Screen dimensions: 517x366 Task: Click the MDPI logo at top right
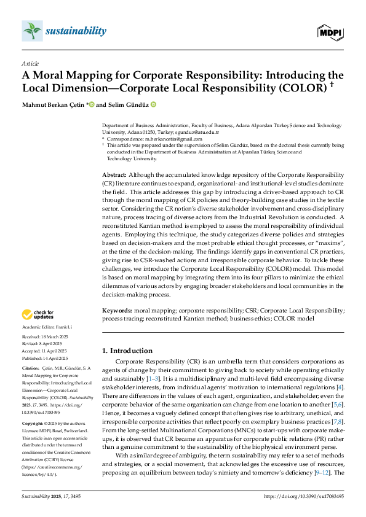(x=331, y=31)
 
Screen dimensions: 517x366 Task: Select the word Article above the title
(x=30, y=64)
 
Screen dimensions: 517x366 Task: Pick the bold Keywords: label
(x=117, y=311)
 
